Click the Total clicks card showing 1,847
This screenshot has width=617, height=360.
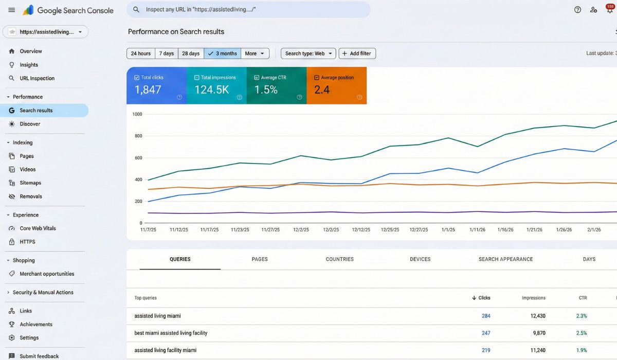coord(156,85)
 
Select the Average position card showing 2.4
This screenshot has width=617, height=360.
coord(336,85)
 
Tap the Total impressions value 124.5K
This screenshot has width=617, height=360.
coord(211,90)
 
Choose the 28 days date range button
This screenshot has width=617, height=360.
coord(191,53)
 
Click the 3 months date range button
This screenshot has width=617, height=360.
coord(222,53)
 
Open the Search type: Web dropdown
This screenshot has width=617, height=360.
coord(308,53)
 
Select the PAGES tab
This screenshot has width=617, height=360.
coord(260,259)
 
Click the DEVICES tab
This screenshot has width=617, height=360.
coord(420,259)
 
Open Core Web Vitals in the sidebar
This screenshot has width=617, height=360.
coord(38,228)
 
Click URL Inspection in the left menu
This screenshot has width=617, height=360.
coord(37,78)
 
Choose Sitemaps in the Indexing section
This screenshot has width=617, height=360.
coord(30,183)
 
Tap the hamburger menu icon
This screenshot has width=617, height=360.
coord(12,10)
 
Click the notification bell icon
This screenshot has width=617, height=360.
coord(609,10)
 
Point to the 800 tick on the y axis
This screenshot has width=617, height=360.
coord(137,136)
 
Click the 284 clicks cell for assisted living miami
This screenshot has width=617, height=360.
coord(486,316)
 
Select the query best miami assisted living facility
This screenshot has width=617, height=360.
coord(171,333)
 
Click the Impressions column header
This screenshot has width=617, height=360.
coord(533,298)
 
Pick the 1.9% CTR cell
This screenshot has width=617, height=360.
coord(582,350)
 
